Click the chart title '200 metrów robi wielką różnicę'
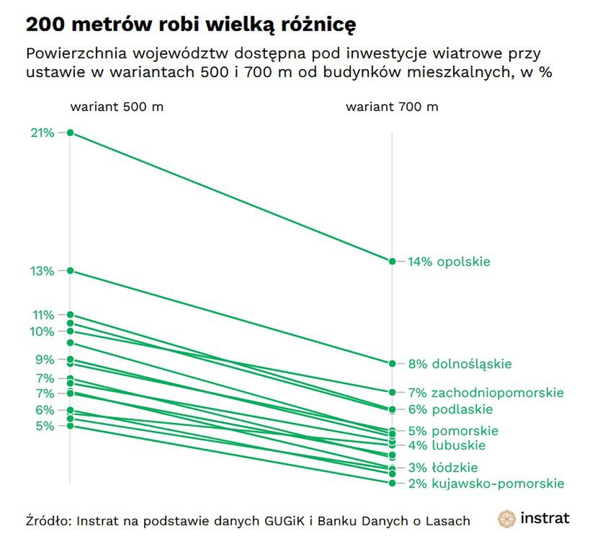pos(191,24)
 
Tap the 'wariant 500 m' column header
pos(116,107)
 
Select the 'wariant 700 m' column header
pos(392,107)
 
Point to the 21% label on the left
pos(42,133)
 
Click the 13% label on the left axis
pos(42,271)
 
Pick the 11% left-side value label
pos(42,315)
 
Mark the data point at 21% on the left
pos(70,133)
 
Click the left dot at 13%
pos(70,271)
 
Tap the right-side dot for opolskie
pos(392,262)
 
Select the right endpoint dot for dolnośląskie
pos(392,364)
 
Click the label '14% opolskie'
pos(449,262)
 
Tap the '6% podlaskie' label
pos(450,409)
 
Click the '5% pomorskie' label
pos(453,431)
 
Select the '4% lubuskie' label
pos(447,445)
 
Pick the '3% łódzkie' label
pos(442,468)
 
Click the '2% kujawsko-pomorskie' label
pos(486,483)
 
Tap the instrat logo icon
pos(507,519)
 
